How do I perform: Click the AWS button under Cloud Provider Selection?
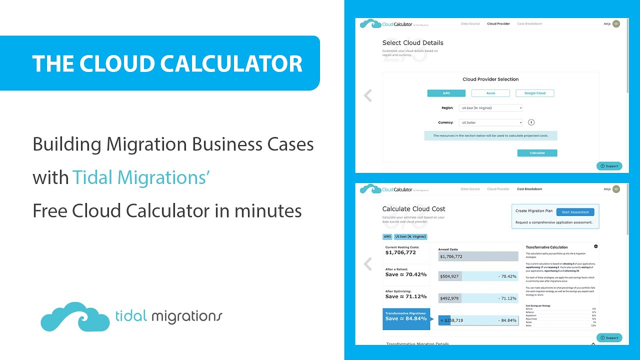446,93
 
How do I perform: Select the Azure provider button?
490,93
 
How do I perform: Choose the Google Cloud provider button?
534,93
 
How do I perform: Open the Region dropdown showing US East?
490,108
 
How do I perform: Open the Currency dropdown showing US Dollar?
490,122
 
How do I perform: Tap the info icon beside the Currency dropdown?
531,122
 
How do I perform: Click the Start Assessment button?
575,212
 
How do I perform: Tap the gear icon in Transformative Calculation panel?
595,246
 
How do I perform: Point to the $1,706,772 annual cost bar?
478,256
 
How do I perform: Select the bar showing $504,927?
478,276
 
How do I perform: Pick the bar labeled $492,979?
478,298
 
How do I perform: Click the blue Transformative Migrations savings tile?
406,318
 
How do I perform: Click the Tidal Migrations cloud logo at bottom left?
75,316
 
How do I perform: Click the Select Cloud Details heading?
412,43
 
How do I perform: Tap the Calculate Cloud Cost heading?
413,209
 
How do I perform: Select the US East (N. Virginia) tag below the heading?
410,236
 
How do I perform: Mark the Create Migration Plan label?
534,211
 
